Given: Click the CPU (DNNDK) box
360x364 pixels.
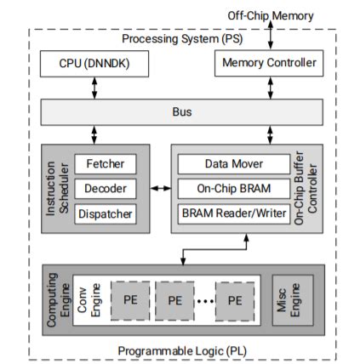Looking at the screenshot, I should point(94,63).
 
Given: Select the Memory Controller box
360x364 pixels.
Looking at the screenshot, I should point(269,63).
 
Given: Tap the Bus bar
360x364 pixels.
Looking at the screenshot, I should point(180,111).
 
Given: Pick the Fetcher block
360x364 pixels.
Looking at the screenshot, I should point(105,162).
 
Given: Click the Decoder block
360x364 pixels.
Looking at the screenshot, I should point(105,188).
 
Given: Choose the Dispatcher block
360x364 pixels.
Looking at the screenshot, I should point(105,213).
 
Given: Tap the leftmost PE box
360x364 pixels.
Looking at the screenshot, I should point(132,301).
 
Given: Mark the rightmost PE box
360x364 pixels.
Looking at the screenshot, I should point(237,301).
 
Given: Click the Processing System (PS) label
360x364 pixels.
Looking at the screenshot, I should point(180,40).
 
